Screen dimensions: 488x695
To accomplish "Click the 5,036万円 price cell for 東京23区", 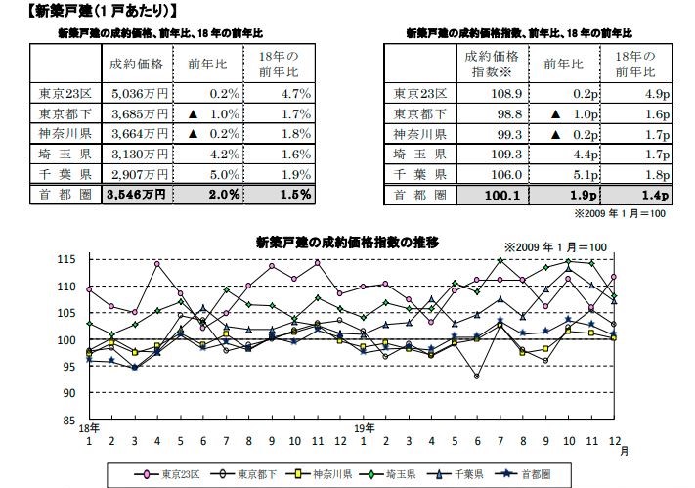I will pos(142,94).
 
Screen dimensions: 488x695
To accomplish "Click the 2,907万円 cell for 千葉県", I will pos(142,173).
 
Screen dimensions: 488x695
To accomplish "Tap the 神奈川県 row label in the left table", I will pos(65,134).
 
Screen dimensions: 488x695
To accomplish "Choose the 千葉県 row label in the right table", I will pos(419,173).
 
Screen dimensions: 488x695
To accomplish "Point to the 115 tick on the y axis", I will pos(66,259).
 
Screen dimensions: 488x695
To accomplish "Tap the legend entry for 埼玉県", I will pos(390,476).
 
